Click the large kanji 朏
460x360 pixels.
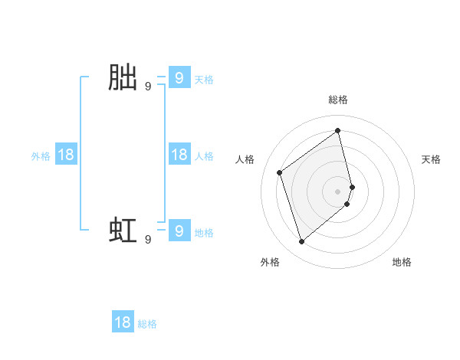pyautogui.click(x=123, y=78)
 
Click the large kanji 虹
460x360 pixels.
pyautogui.click(x=123, y=231)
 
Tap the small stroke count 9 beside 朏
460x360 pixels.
pyautogui.click(x=148, y=87)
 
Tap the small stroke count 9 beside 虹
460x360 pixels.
pyautogui.click(x=148, y=240)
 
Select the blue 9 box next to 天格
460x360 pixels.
pyautogui.click(x=179, y=77)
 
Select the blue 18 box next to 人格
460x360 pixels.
pyautogui.click(x=179, y=155)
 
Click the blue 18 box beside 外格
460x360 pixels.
pyautogui.click(x=66, y=155)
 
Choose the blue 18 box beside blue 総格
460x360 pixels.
pyautogui.click(x=123, y=322)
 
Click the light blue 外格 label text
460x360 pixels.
pyautogui.click(x=41, y=156)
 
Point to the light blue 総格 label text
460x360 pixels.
pyautogui.click(x=147, y=324)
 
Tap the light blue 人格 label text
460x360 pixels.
pyautogui.click(x=204, y=156)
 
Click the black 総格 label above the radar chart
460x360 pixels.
pyautogui.click(x=338, y=100)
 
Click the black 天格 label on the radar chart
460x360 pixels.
pyautogui.click(x=431, y=159)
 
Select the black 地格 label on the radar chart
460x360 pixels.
pyautogui.click(x=402, y=262)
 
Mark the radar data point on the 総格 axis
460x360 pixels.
pyautogui.click(x=338, y=130)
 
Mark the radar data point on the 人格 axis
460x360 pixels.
pyautogui.click(x=280, y=172)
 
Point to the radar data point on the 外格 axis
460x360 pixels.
pyautogui.click(x=302, y=242)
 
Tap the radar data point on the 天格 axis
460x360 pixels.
pyautogui.click(x=352, y=186)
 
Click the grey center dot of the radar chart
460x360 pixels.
pyautogui.click(x=338, y=191)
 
